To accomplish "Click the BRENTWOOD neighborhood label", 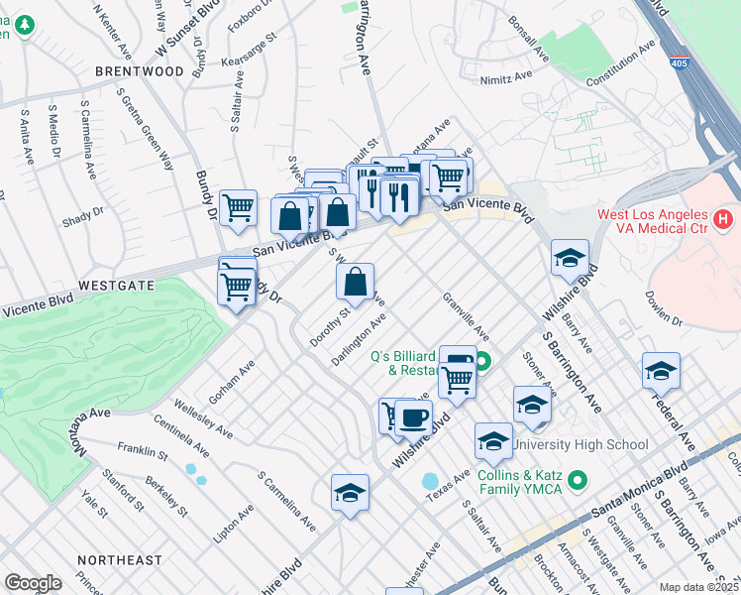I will (x=140, y=71).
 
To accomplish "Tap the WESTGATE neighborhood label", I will (x=117, y=285).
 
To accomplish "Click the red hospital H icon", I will (x=723, y=216).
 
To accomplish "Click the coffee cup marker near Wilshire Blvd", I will (x=413, y=418).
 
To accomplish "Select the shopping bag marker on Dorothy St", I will (x=355, y=283).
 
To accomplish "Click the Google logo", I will (x=33, y=583).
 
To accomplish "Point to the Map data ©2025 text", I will (x=698, y=587).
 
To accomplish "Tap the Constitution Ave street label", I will (x=620, y=63).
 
